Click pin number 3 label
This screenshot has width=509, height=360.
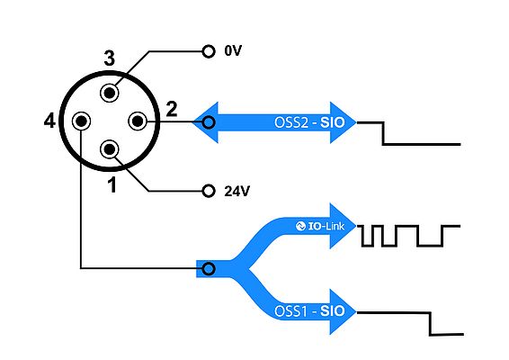pyautogui.click(x=109, y=59)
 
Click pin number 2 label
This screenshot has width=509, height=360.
pyautogui.click(x=171, y=109)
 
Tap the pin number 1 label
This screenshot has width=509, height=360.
pyautogui.click(x=112, y=185)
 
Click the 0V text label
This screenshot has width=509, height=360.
pyautogui.click(x=233, y=51)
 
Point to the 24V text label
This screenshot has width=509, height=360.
pyautogui.click(x=237, y=191)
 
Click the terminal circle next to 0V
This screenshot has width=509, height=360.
pyautogui.click(x=209, y=51)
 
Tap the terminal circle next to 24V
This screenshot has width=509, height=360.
pyautogui.click(x=209, y=191)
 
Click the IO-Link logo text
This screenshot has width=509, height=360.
pyautogui.click(x=323, y=226)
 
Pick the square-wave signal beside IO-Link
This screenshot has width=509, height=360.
pyautogui.click(x=408, y=235)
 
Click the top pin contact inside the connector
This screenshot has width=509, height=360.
pyautogui.click(x=110, y=92)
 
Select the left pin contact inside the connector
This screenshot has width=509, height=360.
pyautogui.click(x=81, y=121)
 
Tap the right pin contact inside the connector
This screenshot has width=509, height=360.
pyautogui.click(x=138, y=121)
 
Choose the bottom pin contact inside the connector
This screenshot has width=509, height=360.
pyautogui.click(x=110, y=149)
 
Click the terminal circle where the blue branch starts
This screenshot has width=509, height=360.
pyautogui.click(x=209, y=268)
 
